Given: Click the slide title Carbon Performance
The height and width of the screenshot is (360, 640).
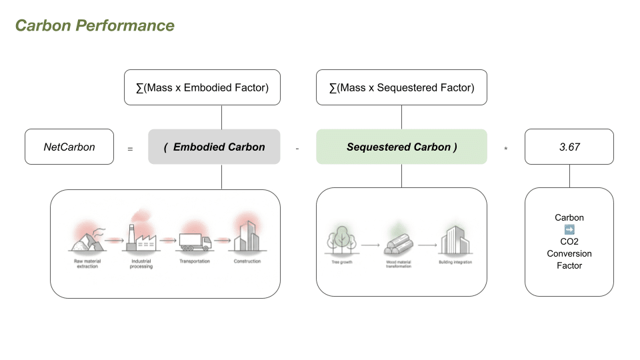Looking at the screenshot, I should [x=95, y=26].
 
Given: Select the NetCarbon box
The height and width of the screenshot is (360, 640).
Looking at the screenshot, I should [x=69, y=147].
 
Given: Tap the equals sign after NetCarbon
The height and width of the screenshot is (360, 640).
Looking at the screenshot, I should [x=130, y=149].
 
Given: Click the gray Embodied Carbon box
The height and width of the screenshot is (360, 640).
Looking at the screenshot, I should [x=214, y=147].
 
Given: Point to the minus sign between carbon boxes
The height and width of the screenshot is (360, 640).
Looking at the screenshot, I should [x=297, y=148].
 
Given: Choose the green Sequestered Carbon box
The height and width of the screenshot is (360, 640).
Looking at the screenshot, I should [x=401, y=147].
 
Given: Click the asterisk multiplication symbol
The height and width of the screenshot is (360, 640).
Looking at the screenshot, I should [x=506, y=149].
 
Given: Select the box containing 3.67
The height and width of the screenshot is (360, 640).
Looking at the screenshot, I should [x=569, y=147].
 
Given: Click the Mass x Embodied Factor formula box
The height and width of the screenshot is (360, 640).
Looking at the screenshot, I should [x=202, y=87].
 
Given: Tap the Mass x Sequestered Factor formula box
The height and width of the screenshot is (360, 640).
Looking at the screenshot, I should [x=401, y=87].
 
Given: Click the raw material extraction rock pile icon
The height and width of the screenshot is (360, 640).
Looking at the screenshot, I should [x=87, y=239].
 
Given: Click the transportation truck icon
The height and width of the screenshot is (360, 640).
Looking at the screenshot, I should [x=194, y=242].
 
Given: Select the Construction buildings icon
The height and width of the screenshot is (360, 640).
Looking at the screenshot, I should [x=247, y=237].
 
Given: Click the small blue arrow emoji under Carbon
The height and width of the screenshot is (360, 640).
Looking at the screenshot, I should [x=569, y=229].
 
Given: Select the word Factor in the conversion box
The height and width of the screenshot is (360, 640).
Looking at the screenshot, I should [x=569, y=265].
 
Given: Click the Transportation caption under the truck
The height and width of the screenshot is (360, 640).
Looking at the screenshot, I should [x=194, y=261].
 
